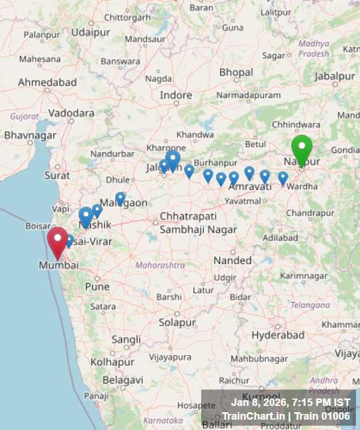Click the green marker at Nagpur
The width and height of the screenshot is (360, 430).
302,148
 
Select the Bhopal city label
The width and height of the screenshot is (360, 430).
236,73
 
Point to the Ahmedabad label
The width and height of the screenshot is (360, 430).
47,83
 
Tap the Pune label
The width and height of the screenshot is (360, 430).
97,287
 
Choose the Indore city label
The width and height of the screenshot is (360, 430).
175,95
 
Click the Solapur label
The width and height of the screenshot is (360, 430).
177,323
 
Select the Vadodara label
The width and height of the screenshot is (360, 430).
71,113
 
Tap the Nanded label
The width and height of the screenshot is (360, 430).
232,260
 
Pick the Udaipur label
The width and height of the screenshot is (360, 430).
91,32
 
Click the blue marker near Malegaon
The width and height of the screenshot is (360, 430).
120,198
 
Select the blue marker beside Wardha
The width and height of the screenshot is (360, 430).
283,178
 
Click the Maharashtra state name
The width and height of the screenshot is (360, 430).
160,265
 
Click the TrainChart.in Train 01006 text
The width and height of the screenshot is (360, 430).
285,416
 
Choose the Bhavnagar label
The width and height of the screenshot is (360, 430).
30,135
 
